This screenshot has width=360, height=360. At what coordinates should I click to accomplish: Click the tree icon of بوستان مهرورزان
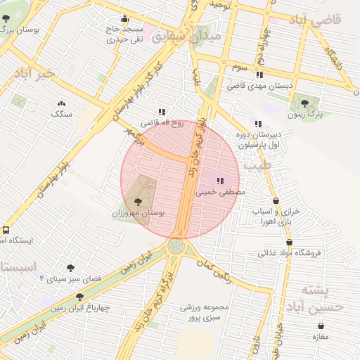pyautogui.click(x=136, y=202)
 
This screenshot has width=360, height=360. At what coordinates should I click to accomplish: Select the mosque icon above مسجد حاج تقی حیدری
pyautogui.click(x=125, y=19)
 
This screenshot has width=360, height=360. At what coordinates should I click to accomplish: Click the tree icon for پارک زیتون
pyautogui.click(x=304, y=103)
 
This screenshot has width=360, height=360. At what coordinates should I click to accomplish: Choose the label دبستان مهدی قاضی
pyautogui.click(x=259, y=85)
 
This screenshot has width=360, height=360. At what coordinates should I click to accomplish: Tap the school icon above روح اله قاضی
pyautogui.click(x=162, y=112)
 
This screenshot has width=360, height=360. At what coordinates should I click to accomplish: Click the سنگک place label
pyautogui.click(x=61, y=113)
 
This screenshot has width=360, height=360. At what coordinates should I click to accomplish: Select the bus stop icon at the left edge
pyautogui.click(x=6, y=230)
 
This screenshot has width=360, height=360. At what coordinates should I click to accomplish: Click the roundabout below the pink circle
pyautogui.click(x=176, y=247)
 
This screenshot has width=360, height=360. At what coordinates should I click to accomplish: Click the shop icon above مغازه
pyautogui.click(x=321, y=326)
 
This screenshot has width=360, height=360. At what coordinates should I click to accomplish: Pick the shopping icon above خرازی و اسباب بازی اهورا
pyautogui.click(x=276, y=201)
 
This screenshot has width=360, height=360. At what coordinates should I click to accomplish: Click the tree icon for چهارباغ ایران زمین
pyautogui.click(x=79, y=297)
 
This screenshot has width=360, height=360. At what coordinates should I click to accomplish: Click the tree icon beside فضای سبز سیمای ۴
pyautogui.click(x=70, y=268)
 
